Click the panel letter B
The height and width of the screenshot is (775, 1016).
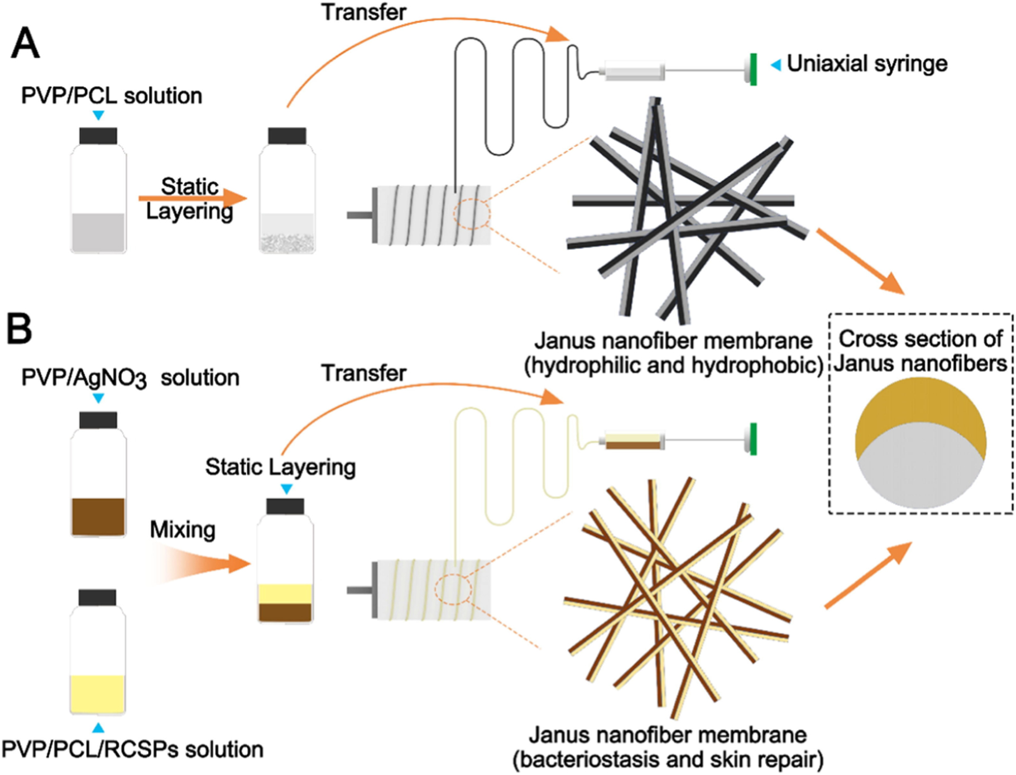pyautogui.click(x=20, y=329)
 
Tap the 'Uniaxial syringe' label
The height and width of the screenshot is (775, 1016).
pyautogui.click(x=866, y=64)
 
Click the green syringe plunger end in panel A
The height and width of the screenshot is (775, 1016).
pyautogui.click(x=753, y=69)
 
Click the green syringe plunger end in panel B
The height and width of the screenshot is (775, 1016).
pyautogui.click(x=753, y=439)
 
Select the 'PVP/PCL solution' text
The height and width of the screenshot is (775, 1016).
pyautogui.click(x=112, y=96)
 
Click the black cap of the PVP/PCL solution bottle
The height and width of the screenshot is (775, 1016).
pyautogui.click(x=98, y=136)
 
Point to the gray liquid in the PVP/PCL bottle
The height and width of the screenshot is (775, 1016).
pyautogui.click(x=98, y=232)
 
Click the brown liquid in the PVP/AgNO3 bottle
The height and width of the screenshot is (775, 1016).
pyautogui.click(x=98, y=516)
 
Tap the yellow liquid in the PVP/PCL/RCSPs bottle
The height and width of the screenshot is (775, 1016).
pyautogui.click(x=98, y=693)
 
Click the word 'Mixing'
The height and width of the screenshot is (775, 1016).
pyautogui.click(x=183, y=529)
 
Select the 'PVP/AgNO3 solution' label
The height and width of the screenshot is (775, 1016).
pyautogui.click(x=130, y=378)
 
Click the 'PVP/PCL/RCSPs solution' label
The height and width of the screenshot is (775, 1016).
pyautogui.click(x=132, y=749)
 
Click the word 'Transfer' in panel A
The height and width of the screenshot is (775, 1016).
pyautogui.click(x=364, y=12)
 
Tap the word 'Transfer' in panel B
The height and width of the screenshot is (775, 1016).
pyautogui.click(x=364, y=373)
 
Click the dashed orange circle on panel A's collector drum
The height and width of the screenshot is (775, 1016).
pyautogui.click(x=472, y=214)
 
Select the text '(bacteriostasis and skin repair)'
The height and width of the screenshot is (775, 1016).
pyautogui.click(x=668, y=759)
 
